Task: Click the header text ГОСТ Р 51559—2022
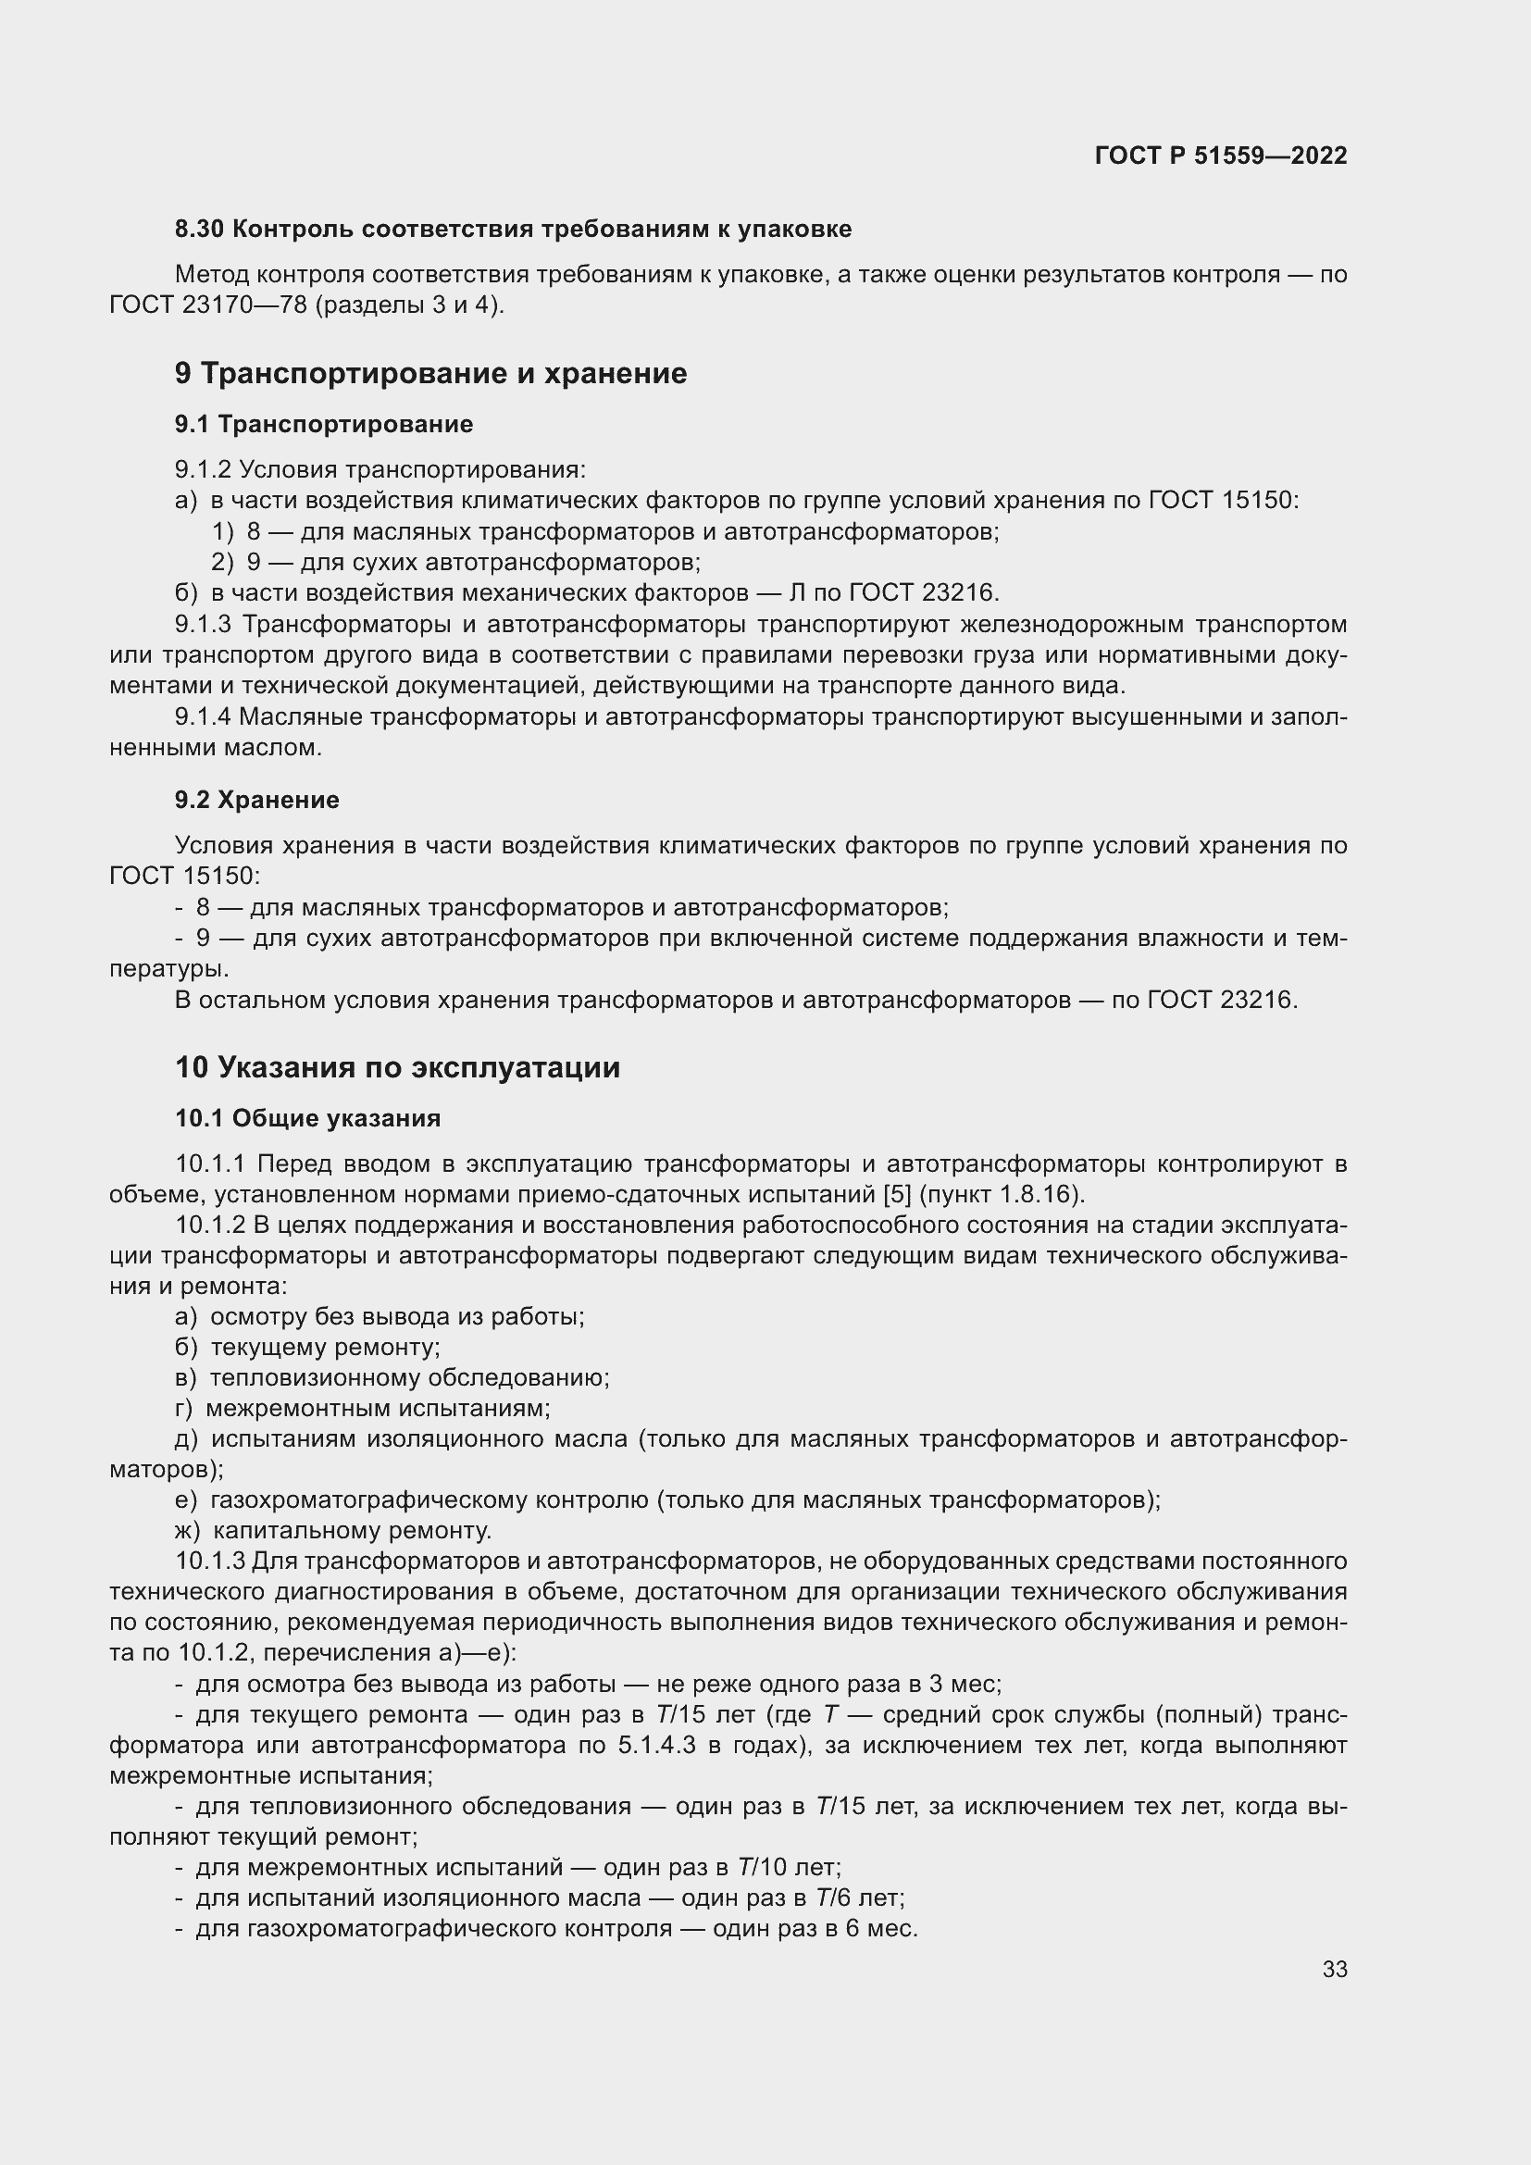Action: click(1221, 156)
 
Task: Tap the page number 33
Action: click(1334, 1969)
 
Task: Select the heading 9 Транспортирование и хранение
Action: click(430, 373)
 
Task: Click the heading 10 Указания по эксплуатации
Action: click(398, 1067)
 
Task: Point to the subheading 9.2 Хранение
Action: click(257, 800)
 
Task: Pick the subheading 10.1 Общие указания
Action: click(308, 1118)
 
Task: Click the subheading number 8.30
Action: click(199, 230)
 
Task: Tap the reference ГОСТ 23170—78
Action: click(208, 305)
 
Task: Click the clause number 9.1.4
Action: click(203, 716)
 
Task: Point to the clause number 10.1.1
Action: click(210, 1164)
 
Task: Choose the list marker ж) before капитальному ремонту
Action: click(189, 1530)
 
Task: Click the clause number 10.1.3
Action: click(210, 1562)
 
